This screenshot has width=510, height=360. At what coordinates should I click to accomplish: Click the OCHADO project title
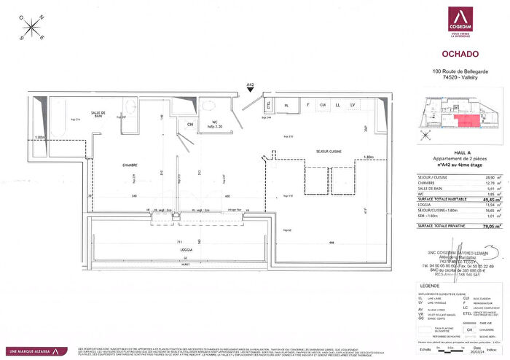460,52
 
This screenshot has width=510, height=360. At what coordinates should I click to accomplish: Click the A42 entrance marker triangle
250,91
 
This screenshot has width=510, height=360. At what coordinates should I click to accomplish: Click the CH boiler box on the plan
191,125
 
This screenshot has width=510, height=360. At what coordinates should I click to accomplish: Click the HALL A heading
460,143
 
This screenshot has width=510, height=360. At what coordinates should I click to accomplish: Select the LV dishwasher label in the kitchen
353,106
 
